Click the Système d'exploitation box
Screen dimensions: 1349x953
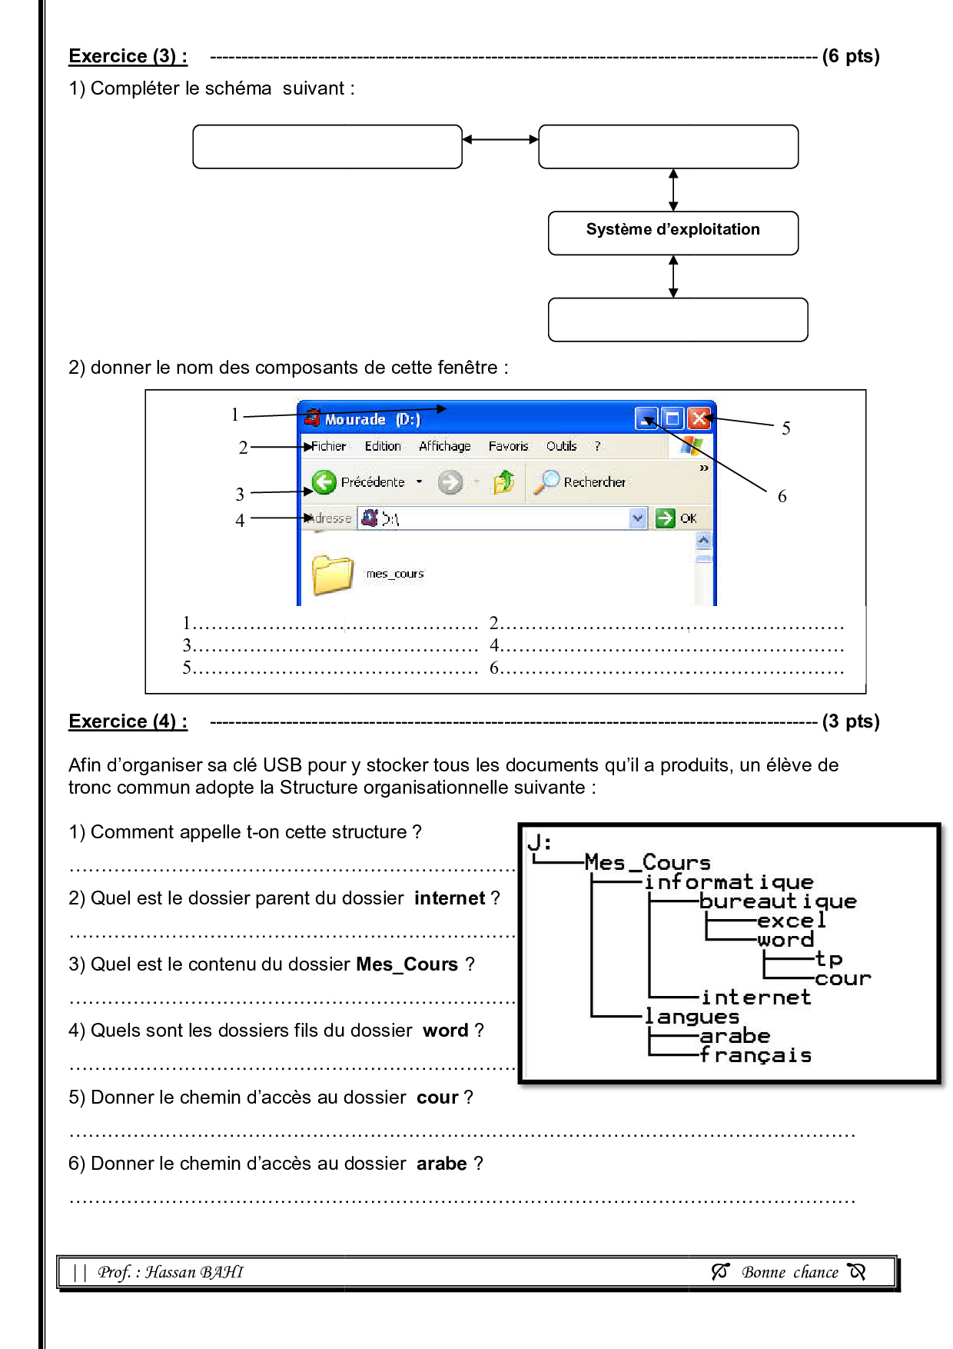pos(672,232)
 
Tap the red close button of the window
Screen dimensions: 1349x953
pos(699,418)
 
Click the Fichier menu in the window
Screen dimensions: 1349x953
pos(329,446)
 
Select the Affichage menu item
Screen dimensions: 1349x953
pos(444,446)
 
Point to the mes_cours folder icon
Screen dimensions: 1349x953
pos(333,575)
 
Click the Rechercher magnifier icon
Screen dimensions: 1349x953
pos(546,481)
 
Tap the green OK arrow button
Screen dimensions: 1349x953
pos(664,518)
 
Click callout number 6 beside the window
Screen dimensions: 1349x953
pos(782,497)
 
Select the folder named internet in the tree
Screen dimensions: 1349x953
pos(755,998)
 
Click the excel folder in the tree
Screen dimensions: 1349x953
pos(791,921)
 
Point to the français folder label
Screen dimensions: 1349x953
pos(755,1055)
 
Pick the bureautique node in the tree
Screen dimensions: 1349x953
pos(778,901)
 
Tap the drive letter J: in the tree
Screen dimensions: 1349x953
pos(540,843)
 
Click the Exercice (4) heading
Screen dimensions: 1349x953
pos(128,721)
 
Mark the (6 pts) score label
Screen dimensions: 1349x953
pos(850,56)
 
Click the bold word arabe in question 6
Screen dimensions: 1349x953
pos(441,1164)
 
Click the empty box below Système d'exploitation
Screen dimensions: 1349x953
pos(677,319)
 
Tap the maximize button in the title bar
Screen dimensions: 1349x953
pos(672,418)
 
